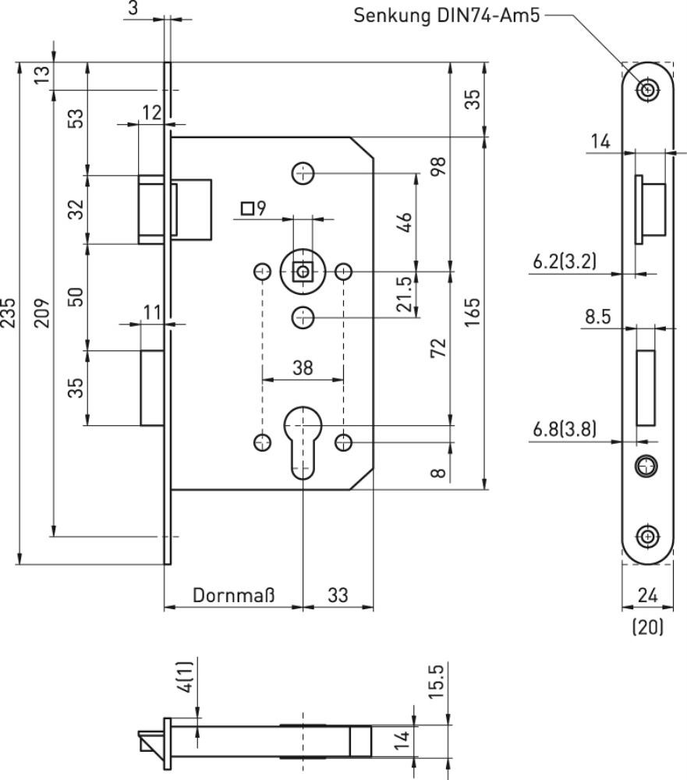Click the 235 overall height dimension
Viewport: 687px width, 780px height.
point(9,313)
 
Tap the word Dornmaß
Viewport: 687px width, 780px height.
point(233,595)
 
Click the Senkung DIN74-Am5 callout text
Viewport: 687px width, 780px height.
point(446,16)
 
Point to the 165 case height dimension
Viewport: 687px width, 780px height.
point(472,312)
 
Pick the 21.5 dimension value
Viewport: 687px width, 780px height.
point(405,295)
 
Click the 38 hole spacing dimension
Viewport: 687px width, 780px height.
point(303,368)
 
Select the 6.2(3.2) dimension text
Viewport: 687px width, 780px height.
point(564,261)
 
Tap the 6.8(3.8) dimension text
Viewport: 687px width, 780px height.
point(564,429)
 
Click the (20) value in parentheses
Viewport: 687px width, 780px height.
point(648,627)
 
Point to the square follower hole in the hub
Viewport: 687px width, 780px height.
point(303,272)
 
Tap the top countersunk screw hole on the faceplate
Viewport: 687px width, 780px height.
point(648,90)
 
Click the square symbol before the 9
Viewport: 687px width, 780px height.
point(247,208)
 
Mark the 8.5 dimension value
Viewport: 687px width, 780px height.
point(597,317)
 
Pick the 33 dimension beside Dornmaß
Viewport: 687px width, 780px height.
point(338,595)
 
